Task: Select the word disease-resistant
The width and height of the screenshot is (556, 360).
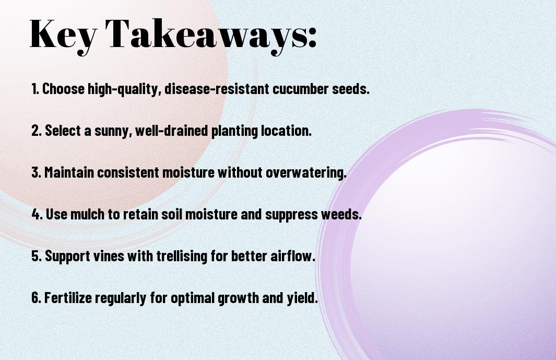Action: coord(217,89)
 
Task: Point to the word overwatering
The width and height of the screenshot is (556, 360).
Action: coord(305,173)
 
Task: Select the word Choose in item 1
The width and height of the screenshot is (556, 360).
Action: coord(64,89)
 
